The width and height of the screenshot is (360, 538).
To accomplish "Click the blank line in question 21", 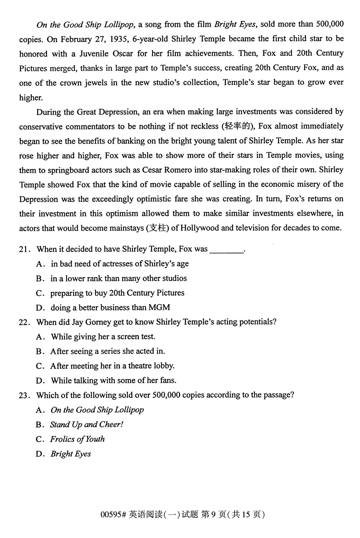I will [227, 251].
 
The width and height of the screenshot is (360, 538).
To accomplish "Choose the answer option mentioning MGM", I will [110, 308].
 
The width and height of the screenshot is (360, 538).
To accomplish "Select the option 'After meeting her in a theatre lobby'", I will [112, 366].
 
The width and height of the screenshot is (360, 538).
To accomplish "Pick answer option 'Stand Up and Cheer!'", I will [87, 425].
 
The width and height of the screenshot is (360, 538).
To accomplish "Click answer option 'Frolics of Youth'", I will [77, 439].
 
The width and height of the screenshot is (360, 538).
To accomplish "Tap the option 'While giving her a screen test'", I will [103, 337].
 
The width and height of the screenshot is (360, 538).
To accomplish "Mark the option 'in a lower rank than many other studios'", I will [118, 279].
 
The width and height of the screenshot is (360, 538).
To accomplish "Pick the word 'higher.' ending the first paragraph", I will [31, 98].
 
